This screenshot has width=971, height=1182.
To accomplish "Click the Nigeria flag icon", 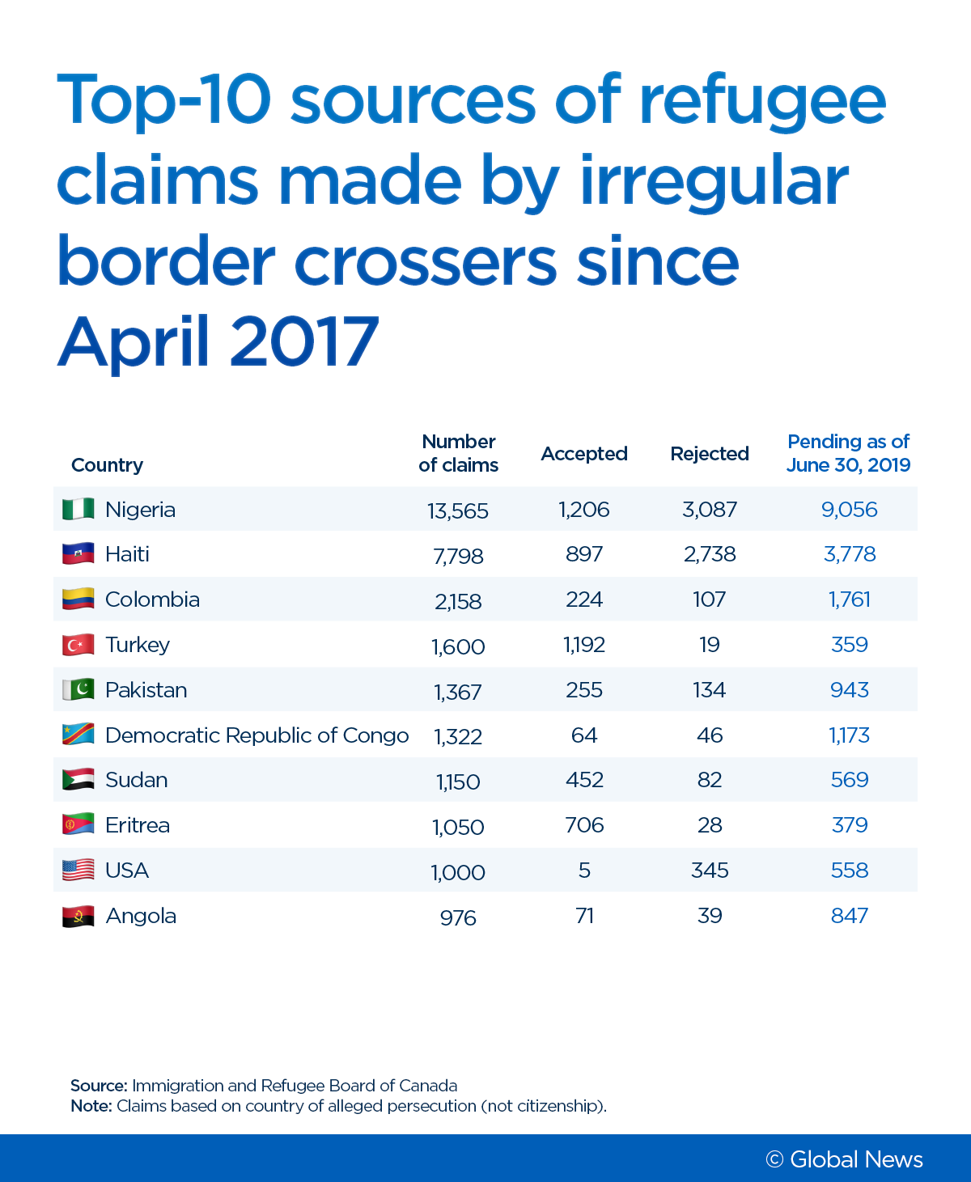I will pyautogui.click(x=78, y=510).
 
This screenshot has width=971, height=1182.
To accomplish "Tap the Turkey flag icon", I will pyautogui.click(x=78, y=645).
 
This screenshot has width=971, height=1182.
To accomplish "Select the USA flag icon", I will pyautogui.click(x=78, y=871).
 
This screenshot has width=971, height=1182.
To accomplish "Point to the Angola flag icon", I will pyautogui.click(x=78, y=916).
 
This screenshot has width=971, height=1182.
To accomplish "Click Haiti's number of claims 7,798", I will pyautogui.click(x=458, y=556).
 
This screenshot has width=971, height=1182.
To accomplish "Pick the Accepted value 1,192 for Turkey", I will pyautogui.click(x=584, y=645).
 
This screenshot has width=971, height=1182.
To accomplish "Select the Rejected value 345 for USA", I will pyautogui.click(x=710, y=871).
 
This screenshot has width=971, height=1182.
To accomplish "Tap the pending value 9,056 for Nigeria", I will pyautogui.click(x=849, y=510).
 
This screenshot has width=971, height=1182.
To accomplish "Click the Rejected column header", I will pyautogui.click(x=710, y=454).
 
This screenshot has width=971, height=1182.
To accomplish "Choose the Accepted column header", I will pyautogui.click(x=584, y=454).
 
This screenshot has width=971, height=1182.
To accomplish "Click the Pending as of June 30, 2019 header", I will pyautogui.click(x=848, y=453).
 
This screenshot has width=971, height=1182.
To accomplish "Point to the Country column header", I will pyautogui.click(x=107, y=465).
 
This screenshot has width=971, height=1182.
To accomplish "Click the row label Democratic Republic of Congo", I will pyautogui.click(x=257, y=735).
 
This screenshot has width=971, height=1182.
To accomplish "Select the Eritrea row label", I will pyautogui.click(x=138, y=825).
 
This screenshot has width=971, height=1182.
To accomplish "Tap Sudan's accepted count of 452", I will pyautogui.click(x=584, y=780).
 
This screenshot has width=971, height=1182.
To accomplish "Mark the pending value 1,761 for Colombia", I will pyautogui.click(x=849, y=599).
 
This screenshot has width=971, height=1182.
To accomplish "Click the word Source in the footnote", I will pyautogui.click(x=98, y=1086).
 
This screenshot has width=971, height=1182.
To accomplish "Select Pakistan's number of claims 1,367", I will pyautogui.click(x=458, y=692).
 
